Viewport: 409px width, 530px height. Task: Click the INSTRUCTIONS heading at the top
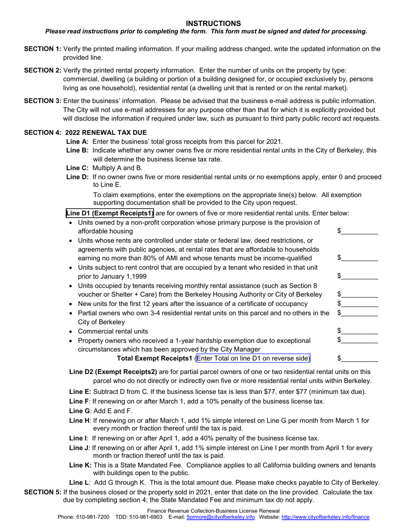coord(213,23)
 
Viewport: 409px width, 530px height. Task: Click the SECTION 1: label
coord(42,49)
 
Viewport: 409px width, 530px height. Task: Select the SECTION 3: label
coord(42,100)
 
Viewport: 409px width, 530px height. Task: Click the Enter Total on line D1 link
coord(253,358)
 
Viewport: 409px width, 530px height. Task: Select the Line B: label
coord(77,150)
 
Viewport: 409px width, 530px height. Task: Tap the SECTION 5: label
coord(42,492)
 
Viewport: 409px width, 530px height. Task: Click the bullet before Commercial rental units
coord(71,332)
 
